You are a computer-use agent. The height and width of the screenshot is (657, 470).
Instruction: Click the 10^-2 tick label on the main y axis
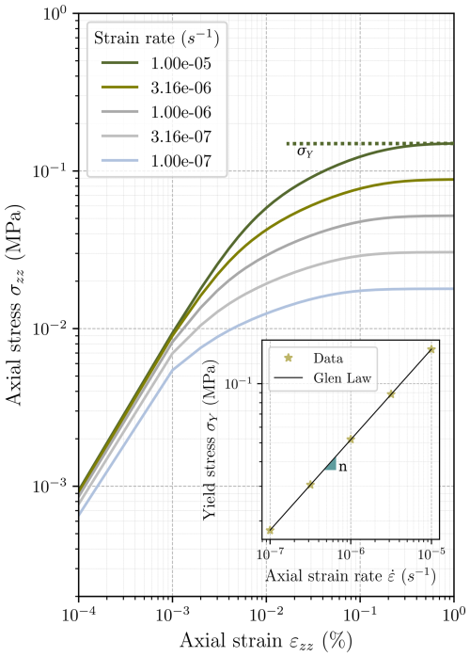click(47, 329)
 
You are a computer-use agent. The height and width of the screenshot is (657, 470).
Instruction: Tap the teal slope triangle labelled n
click(331, 465)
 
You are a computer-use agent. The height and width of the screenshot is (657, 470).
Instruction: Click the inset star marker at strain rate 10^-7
click(271, 530)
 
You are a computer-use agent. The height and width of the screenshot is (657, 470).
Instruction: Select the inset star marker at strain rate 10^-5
click(431, 349)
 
